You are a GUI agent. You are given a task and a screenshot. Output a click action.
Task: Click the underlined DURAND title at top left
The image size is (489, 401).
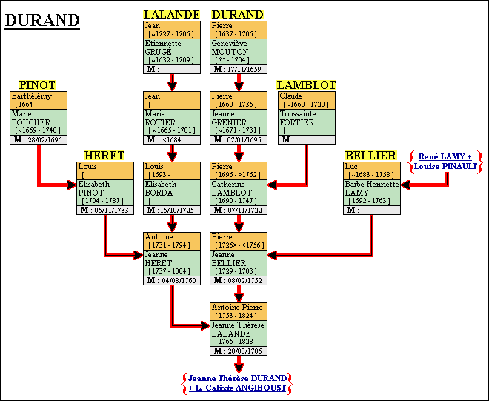tap(42, 20)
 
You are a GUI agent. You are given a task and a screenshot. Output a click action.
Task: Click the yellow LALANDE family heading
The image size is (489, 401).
tap(172, 14)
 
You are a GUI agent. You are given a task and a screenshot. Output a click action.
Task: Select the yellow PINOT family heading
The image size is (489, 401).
tap(37, 84)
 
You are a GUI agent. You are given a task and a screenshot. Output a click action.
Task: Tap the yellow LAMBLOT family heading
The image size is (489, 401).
tap(307, 84)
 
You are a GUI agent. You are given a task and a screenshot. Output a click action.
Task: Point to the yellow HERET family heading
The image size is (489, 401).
tap(104, 155)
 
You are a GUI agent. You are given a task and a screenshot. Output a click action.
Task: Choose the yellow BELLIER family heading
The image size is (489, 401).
tap(370, 155)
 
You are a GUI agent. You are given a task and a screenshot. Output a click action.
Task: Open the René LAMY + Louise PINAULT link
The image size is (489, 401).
tap(445, 162)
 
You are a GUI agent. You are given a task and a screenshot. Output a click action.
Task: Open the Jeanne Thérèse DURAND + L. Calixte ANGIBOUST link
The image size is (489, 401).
tap(237, 382)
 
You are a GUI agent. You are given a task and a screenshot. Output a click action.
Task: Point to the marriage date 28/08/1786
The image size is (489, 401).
tap(245, 351)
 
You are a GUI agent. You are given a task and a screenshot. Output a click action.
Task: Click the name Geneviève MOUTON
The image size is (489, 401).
tap(231, 48)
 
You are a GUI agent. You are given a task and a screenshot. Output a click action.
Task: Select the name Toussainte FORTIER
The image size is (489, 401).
tap(298, 118)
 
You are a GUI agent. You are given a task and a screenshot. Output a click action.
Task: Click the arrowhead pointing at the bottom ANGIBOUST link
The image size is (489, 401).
tap(239, 365)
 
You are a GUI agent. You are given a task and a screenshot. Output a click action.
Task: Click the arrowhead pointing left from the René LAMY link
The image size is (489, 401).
tap(406, 182)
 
